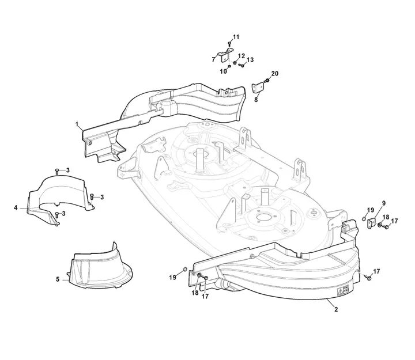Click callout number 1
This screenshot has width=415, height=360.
[x=77, y=124]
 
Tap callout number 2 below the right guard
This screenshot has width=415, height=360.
[x=336, y=309]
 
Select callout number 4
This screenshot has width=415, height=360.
[x=16, y=208]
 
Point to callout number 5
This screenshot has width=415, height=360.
[x=58, y=279]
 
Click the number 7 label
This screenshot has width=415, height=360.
[x=214, y=60]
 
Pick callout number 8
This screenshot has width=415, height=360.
[x=256, y=100]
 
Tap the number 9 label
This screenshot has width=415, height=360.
[x=383, y=203]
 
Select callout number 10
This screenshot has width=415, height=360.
[x=224, y=71]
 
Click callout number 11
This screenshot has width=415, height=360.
[x=236, y=37]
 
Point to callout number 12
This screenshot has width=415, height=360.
[x=241, y=56]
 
